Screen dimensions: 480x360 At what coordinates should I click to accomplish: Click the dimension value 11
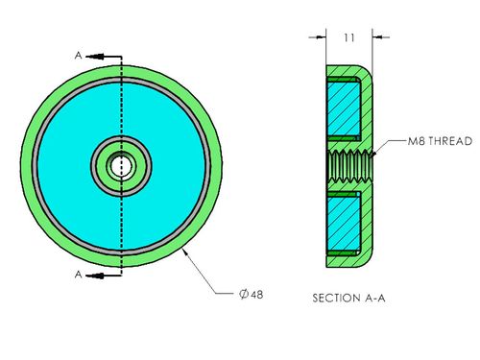[x=349, y=37]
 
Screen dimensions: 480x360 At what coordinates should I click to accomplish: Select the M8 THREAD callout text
[x=440, y=141]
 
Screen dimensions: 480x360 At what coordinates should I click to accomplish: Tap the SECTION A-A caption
[x=348, y=299]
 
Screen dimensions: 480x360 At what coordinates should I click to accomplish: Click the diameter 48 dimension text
[x=252, y=294]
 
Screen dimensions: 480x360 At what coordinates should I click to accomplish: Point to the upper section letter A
[x=78, y=56]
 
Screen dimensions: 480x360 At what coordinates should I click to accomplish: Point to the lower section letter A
[x=78, y=275]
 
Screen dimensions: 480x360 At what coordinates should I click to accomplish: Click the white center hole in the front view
[x=122, y=166]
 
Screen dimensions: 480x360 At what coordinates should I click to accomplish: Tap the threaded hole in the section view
[x=350, y=166]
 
